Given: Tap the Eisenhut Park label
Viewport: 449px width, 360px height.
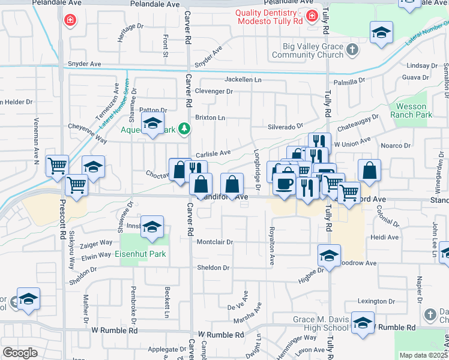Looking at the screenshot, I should pyautogui.click(x=140, y=254).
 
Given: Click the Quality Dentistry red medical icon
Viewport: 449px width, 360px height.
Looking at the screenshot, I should pyautogui.click(x=311, y=16).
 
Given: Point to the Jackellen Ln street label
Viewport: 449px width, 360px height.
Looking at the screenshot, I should pyautogui.click(x=244, y=79).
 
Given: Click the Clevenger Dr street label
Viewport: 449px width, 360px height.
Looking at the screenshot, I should pyautogui.click(x=214, y=91).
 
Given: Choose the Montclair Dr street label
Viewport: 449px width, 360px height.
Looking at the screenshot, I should pyautogui.click(x=214, y=242).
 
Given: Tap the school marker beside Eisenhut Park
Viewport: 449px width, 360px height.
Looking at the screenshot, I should pyautogui.click(x=153, y=228).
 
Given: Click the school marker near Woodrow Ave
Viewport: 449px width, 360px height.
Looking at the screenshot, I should pyautogui.click(x=329, y=256).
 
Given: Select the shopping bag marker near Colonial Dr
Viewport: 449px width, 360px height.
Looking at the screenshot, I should pyautogui.click(x=369, y=171).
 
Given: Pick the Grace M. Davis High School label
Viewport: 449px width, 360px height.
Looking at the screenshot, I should pyautogui.click(x=321, y=323).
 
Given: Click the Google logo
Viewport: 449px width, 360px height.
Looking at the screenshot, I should pyautogui.click(x=20, y=353).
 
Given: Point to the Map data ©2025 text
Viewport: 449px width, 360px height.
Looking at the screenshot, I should pyautogui.click(x=424, y=355).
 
